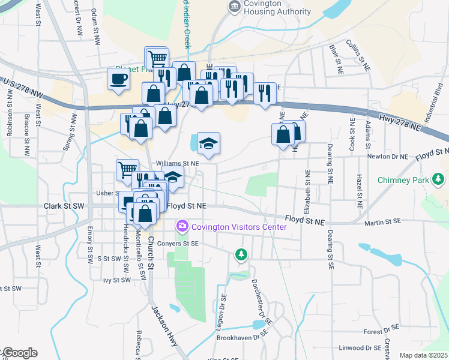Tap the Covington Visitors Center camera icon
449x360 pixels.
181,226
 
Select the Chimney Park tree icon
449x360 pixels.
440,179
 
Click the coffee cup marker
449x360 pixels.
118,79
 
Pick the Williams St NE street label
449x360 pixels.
177,163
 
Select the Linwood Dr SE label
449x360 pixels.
360,347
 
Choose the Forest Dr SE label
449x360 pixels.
382,331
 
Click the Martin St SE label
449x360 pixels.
382,222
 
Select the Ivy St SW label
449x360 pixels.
116,280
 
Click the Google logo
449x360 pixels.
19,353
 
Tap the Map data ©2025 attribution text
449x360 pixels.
423,355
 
